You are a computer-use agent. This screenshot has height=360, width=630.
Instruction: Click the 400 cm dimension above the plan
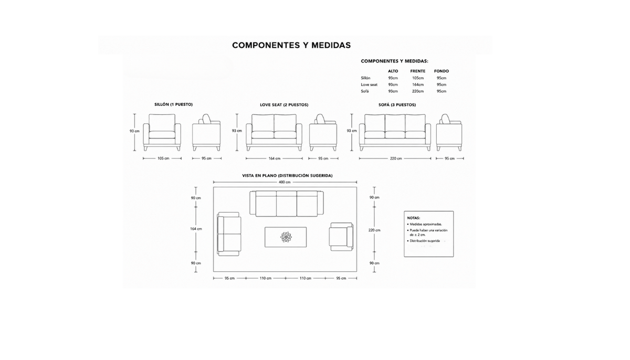(285, 182)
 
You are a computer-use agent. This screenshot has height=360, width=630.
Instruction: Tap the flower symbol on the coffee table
(286, 237)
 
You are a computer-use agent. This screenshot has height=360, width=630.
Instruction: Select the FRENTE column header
(418, 71)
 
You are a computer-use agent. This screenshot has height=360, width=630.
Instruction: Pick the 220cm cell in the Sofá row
(418, 91)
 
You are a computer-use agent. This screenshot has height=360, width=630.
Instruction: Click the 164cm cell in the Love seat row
(418, 84)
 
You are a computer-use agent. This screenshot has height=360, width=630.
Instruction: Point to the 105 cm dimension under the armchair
(163, 158)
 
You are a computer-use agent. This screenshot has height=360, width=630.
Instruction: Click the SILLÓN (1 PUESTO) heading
(174, 104)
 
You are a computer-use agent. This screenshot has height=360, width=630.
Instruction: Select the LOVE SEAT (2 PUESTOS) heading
(284, 105)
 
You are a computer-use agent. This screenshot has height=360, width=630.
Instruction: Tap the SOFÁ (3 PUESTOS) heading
(397, 105)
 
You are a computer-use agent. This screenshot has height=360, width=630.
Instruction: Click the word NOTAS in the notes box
(414, 218)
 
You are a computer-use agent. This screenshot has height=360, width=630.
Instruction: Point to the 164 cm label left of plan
(196, 229)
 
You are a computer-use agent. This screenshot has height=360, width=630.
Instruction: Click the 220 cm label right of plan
(374, 230)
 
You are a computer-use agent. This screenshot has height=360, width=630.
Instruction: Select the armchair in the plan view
(341, 237)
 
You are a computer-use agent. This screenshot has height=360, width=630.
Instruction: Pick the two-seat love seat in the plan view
(229, 234)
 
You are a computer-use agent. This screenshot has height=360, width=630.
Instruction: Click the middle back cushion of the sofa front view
(395, 122)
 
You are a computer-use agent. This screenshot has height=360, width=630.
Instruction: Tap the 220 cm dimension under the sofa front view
(396, 158)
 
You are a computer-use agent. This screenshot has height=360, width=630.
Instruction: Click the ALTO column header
(393, 71)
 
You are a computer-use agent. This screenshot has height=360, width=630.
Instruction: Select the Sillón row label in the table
(365, 78)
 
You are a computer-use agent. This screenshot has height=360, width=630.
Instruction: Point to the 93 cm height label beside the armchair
(134, 131)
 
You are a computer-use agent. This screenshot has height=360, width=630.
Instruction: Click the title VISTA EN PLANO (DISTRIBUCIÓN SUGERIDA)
(287, 176)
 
